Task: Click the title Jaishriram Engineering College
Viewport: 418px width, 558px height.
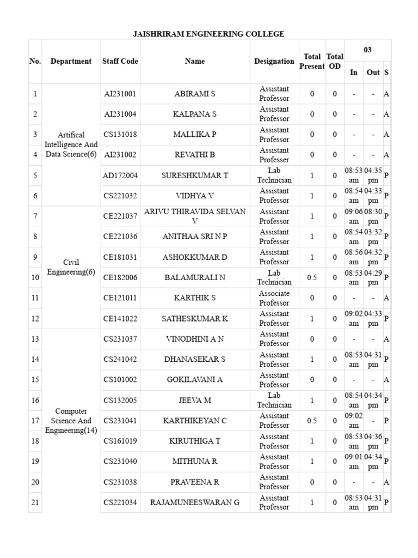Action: click(x=209, y=34)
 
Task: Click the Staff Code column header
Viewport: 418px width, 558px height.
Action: click(x=120, y=62)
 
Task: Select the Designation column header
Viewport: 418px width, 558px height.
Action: click(x=274, y=62)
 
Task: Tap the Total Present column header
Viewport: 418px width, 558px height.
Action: click(x=312, y=62)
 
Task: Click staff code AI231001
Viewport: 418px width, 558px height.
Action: click(x=120, y=94)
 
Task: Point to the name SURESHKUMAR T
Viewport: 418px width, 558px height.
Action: click(x=195, y=175)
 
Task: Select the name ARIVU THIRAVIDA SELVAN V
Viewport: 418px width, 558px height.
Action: click(x=195, y=216)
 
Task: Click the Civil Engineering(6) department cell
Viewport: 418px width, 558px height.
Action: click(x=71, y=268)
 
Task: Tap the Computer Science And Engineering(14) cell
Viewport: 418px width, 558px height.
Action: click(x=71, y=421)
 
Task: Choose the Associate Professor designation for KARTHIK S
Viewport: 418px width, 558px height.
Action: click(x=274, y=298)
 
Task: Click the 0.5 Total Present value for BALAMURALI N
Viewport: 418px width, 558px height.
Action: click(x=312, y=278)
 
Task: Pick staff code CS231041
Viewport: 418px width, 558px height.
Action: click(x=120, y=421)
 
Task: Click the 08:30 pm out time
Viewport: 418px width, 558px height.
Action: click(x=373, y=216)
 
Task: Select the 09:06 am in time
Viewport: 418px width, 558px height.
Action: click(x=354, y=216)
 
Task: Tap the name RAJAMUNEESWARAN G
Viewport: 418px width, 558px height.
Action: click(x=195, y=502)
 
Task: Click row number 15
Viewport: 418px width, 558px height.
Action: click(x=35, y=380)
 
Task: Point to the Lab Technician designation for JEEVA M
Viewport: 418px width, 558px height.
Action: click(x=274, y=401)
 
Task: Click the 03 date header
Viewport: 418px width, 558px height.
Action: click(x=367, y=50)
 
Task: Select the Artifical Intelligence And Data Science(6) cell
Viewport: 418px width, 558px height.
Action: click(x=71, y=145)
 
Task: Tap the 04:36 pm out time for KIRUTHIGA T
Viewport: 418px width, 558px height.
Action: click(x=373, y=441)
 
